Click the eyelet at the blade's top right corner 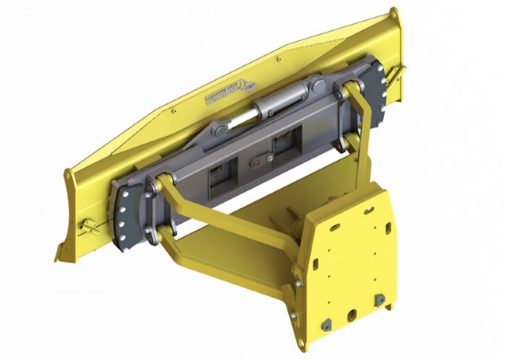tap(394, 14)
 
